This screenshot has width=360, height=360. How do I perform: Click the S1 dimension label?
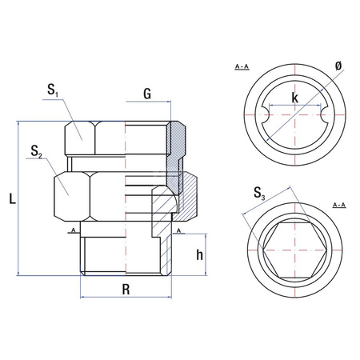click(x=53, y=90)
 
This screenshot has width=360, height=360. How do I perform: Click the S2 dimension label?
click(x=36, y=151)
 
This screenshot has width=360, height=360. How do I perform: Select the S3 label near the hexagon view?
click(x=259, y=194)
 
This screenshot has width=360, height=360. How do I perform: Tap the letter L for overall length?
click(x=12, y=198)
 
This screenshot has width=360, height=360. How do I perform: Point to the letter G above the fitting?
click(x=147, y=94)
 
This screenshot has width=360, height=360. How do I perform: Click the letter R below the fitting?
click(x=126, y=290)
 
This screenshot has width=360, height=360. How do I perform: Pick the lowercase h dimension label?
click(x=199, y=255)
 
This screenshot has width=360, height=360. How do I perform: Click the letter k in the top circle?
click(x=294, y=98)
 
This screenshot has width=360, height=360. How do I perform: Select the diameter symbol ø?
click(x=338, y=66)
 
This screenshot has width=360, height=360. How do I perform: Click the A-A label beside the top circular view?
click(x=242, y=66)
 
